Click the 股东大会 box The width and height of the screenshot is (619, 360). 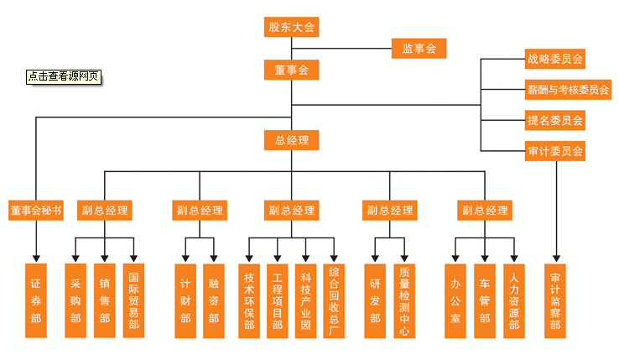291,27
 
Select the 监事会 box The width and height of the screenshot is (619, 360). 419,49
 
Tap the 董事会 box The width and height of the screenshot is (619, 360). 291,70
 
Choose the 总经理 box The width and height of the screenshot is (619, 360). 291,139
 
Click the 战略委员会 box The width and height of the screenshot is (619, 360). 554,60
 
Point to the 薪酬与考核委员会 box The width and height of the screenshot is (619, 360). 568,90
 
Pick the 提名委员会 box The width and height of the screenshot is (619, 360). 554,120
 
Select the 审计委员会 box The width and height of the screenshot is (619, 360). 554,151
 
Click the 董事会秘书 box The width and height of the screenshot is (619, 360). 36,210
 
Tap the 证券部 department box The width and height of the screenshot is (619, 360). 36,300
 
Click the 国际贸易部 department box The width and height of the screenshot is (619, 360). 133,300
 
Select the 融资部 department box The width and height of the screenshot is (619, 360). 214,300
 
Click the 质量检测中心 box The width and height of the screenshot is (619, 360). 404,300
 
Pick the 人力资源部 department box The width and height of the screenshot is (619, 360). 513,300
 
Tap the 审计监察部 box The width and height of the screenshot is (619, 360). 555,300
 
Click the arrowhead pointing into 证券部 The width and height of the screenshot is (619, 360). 36,257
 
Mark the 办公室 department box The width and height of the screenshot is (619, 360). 455,300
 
